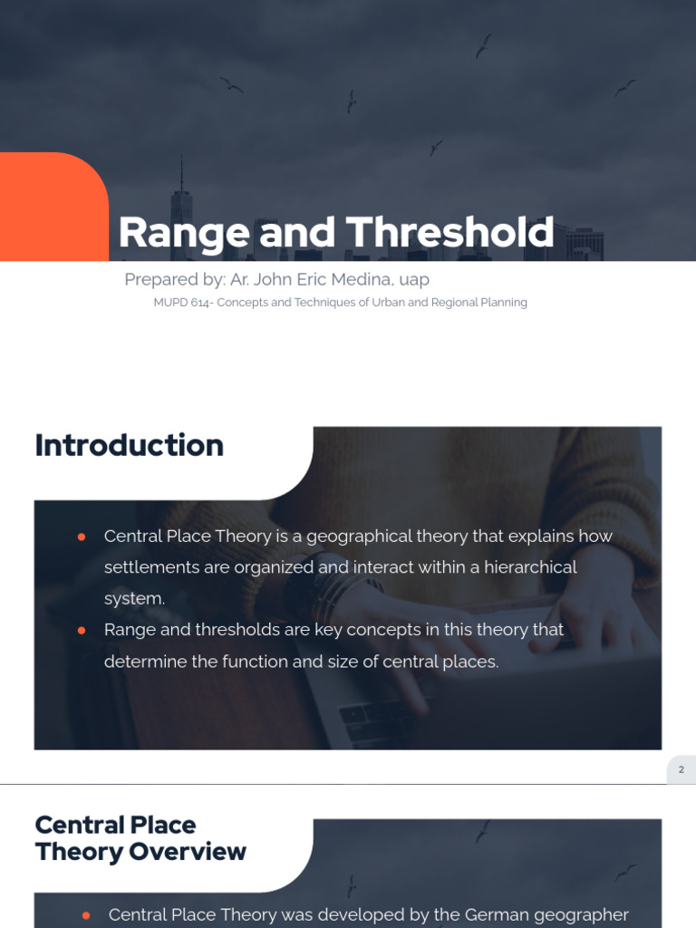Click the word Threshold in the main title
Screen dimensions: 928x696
(x=449, y=232)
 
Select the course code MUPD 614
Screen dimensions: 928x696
(x=180, y=303)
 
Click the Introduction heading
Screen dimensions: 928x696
(x=129, y=445)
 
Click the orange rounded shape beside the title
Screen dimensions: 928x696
(x=53, y=207)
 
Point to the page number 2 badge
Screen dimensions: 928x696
(x=681, y=769)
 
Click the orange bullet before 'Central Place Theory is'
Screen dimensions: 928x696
(x=82, y=536)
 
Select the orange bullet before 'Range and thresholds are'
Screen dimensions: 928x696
(x=82, y=630)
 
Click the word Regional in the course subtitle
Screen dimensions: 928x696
(x=452, y=303)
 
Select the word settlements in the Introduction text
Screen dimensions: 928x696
(x=150, y=567)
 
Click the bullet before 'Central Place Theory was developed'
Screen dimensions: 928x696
(x=86, y=915)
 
